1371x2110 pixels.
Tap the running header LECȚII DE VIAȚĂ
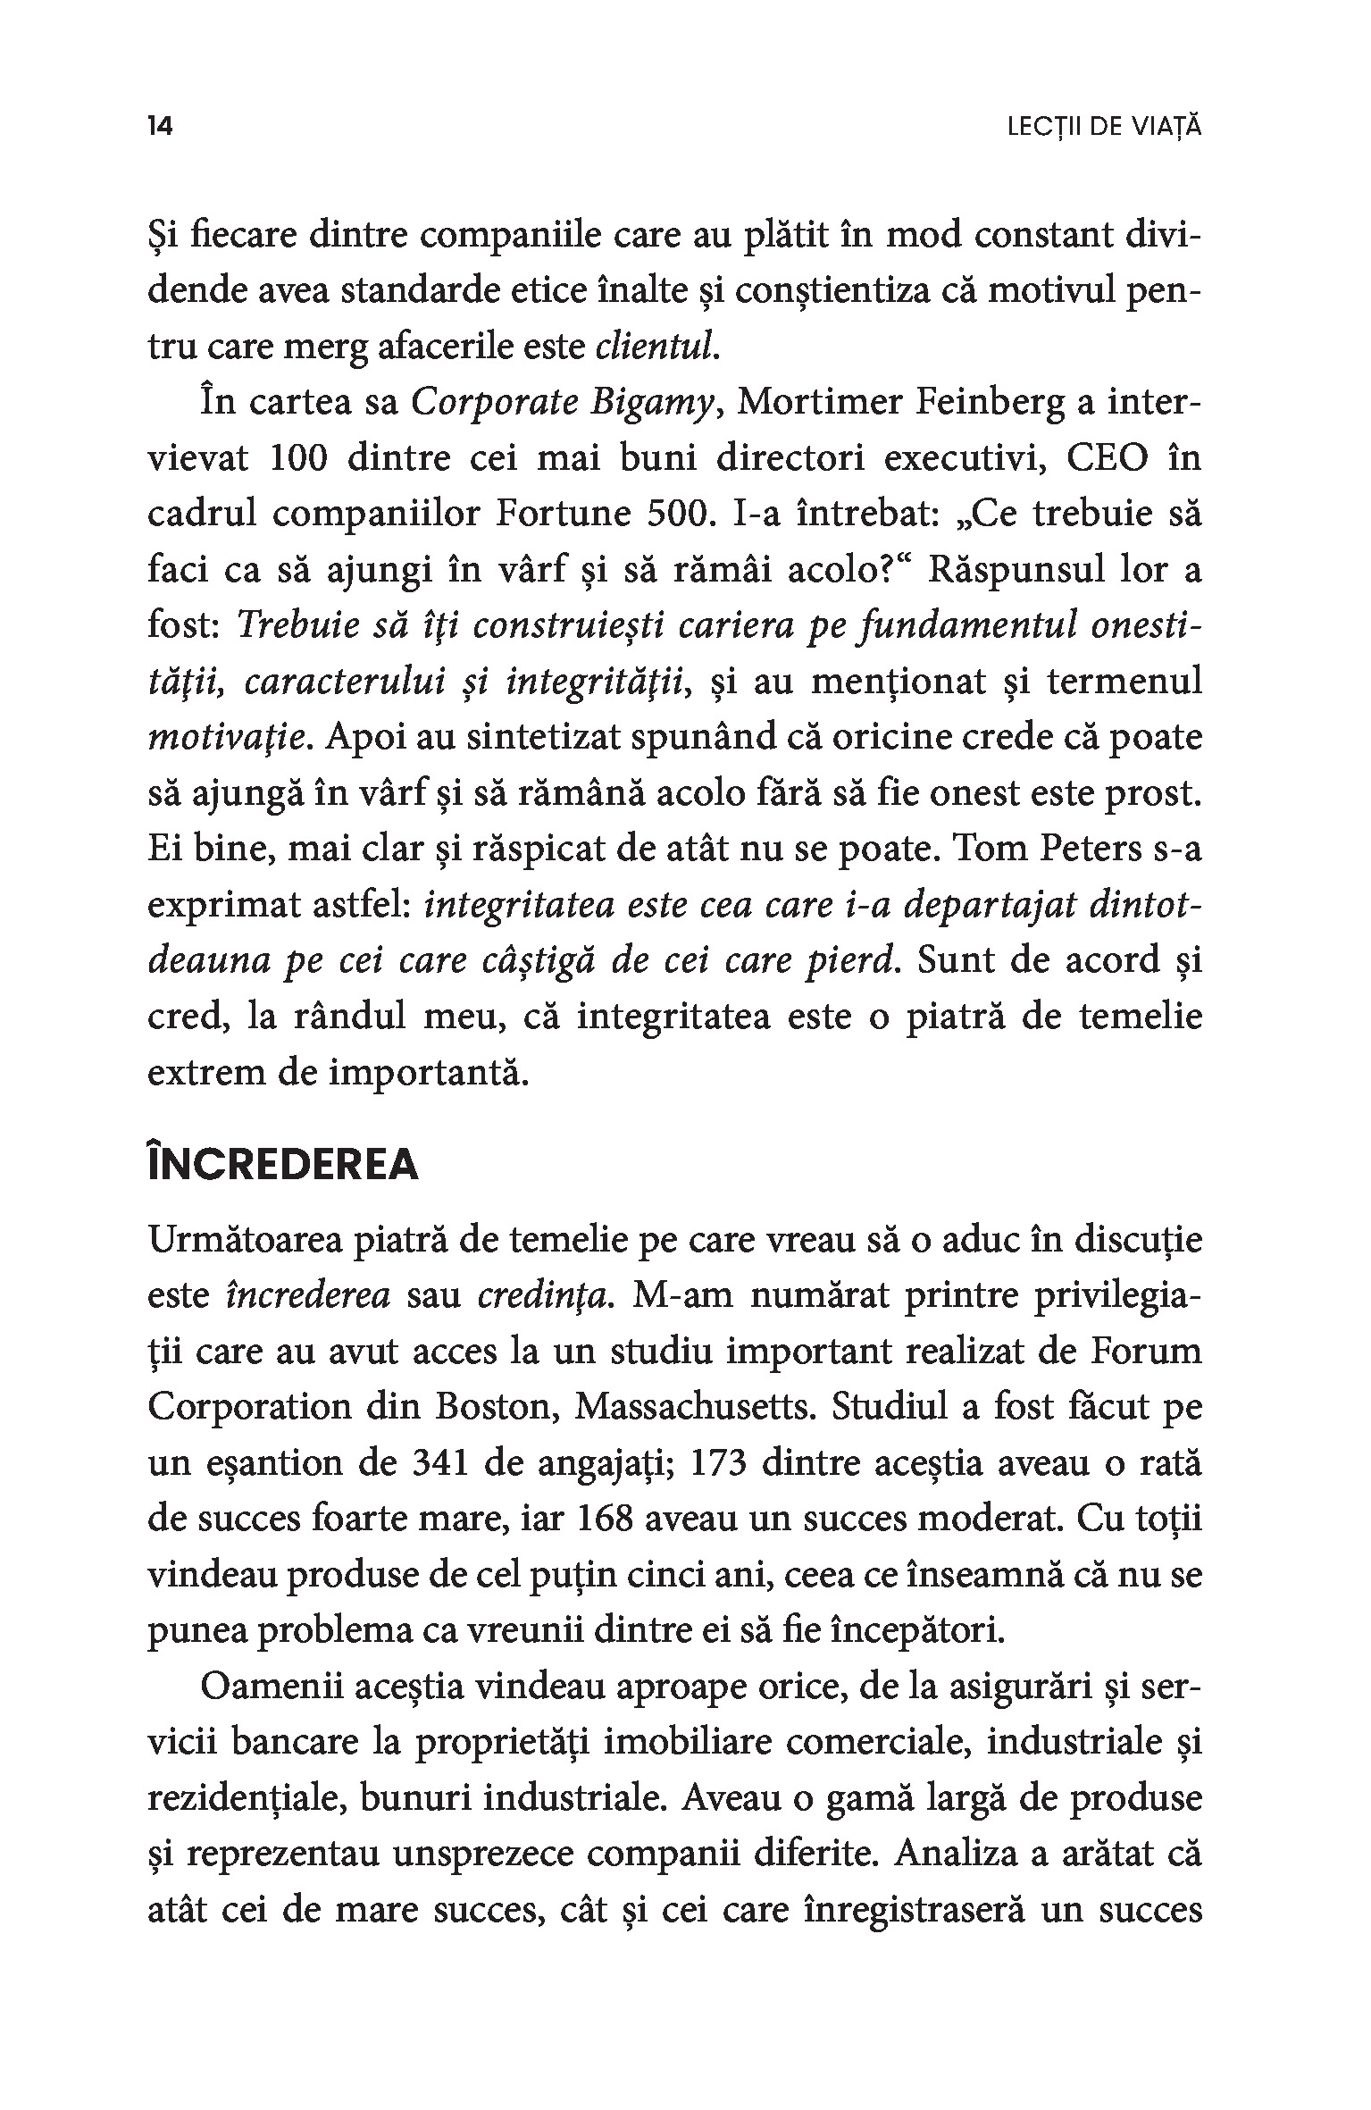1104,127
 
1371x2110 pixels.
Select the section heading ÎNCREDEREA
283,1165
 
